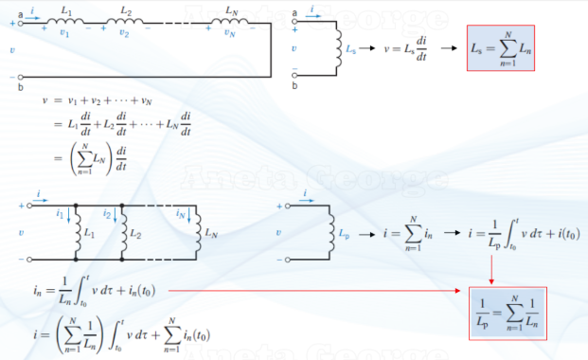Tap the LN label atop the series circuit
(x=233, y=9)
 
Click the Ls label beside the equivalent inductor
(x=351, y=45)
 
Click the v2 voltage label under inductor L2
(x=124, y=31)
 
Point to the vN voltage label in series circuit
(x=229, y=31)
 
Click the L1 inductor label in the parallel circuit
(x=90, y=232)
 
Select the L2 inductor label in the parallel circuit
(x=136, y=232)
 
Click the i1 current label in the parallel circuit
(x=62, y=215)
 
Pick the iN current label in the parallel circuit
(x=180, y=215)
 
